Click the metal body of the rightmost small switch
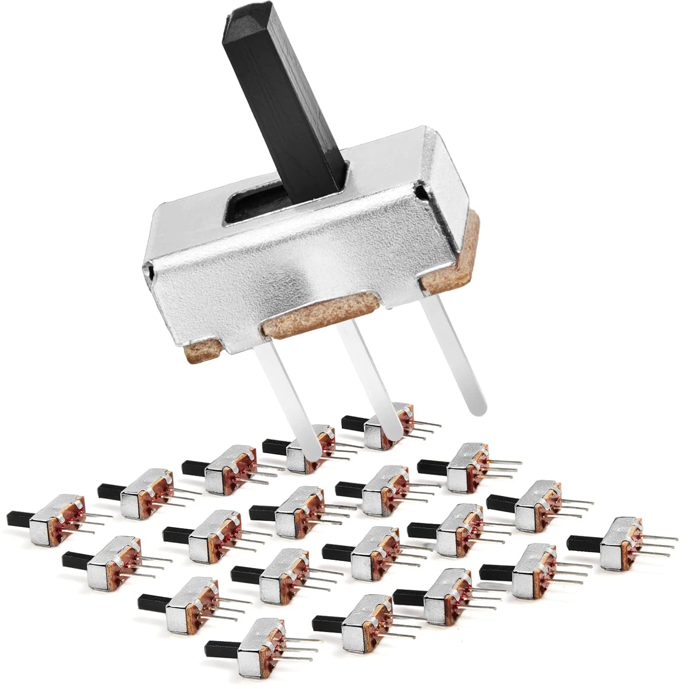pyautogui.click(x=616, y=542)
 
